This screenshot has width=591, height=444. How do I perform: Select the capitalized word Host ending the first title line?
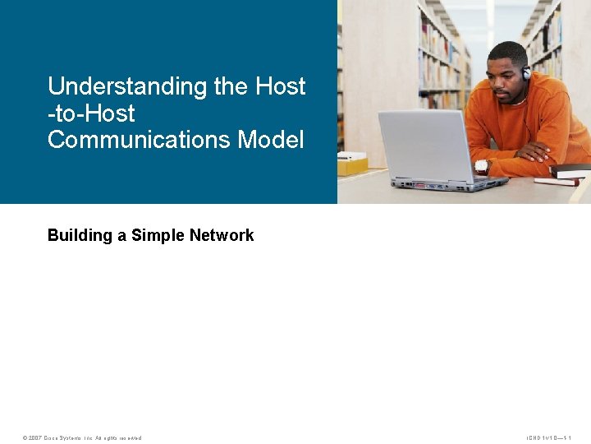[x=281, y=86]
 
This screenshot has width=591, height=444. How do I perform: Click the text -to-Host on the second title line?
[x=91, y=113]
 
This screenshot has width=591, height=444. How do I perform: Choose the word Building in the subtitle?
[x=80, y=236]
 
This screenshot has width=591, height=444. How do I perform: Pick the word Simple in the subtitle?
[x=158, y=236]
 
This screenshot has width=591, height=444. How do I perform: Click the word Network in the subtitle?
[x=222, y=236]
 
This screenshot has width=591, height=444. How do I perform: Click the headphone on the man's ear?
[x=526, y=73]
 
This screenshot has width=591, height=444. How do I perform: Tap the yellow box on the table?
[x=352, y=166]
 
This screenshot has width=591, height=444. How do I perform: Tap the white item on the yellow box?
[x=355, y=156]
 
